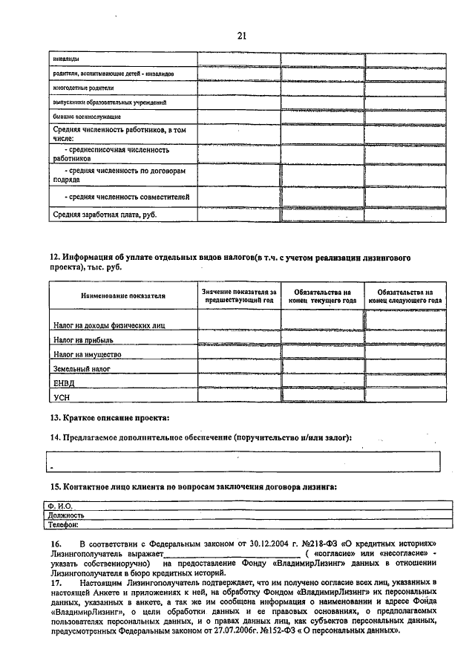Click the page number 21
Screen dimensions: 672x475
(241, 35)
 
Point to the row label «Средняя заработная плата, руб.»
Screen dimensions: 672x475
(105, 215)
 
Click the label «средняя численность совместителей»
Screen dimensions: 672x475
(127, 197)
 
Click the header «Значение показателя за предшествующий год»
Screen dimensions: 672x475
(239, 296)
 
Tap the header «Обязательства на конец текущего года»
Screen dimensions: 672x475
(322, 296)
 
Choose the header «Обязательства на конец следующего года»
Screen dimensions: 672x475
(405, 296)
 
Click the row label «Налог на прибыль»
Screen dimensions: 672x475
(83, 339)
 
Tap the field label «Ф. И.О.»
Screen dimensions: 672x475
(59, 506)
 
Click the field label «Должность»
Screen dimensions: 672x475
(65, 515)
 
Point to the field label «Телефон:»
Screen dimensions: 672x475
(63, 523)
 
